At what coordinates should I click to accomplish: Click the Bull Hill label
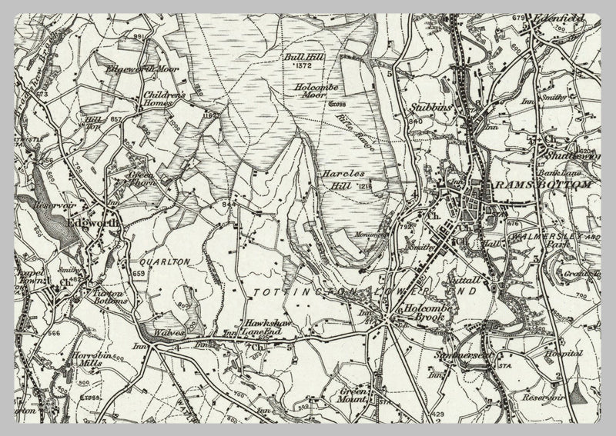pos(297,58)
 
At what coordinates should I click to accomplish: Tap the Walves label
pos(169,332)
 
